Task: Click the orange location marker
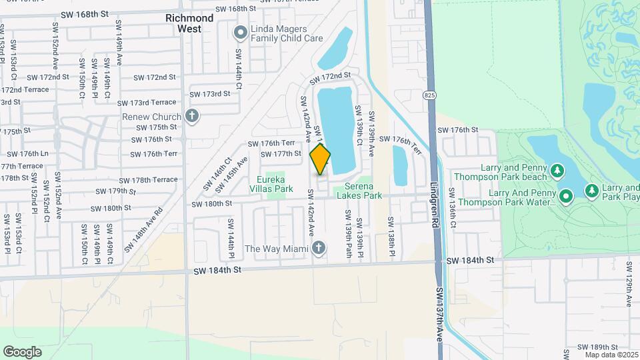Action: [x=321, y=159]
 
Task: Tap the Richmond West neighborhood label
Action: [x=190, y=23]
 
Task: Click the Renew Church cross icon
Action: [x=192, y=117]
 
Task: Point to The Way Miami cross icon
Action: [x=319, y=249]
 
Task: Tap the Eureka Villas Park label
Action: [x=275, y=184]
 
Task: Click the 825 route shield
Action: [x=429, y=96]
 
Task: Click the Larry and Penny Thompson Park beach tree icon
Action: [x=557, y=172]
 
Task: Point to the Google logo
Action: [x=21, y=351]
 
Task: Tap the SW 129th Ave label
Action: [x=629, y=283]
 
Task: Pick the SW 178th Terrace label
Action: [x=149, y=179]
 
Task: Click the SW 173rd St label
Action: [x=210, y=94]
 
